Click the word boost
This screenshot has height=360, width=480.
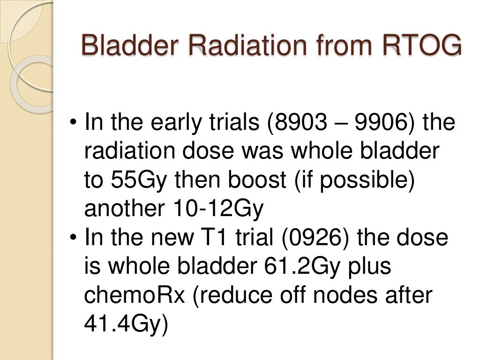point(253,180)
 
